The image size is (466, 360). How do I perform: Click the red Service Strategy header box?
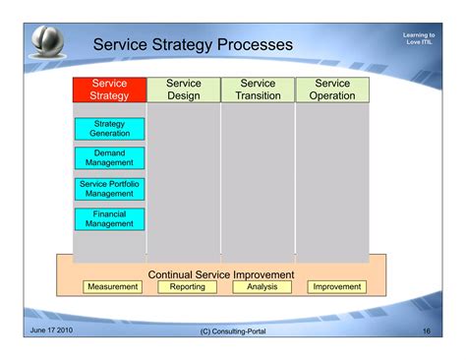(x=109, y=90)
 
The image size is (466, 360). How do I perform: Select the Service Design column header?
(x=184, y=90)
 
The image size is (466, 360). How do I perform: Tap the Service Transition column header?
(x=258, y=90)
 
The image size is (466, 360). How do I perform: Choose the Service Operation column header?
(x=332, y=90)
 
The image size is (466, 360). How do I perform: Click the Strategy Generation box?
(x=109, y=129)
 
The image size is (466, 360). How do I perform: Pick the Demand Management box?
(x=109, y=158)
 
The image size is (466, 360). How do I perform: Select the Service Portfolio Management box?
(x=109, y=189)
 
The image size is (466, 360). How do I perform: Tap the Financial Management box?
(x=109, y=219)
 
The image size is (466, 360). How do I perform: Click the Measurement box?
(x=112, y=287)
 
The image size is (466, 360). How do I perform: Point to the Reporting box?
(x=187, y=287)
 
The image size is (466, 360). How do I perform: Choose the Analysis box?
(x=262, y=287)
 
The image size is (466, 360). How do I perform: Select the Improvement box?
(x=336, y=287)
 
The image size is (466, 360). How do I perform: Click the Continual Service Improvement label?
(x=221, y=274)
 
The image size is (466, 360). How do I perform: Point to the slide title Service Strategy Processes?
(x=193, y=45)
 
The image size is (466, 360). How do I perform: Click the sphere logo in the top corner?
(x=47, y=40)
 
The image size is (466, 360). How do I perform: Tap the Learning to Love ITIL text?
(x=419, y=39)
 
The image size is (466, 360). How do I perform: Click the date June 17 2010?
(x=51, y=330)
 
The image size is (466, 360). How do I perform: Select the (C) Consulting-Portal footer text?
(x=232, y=331)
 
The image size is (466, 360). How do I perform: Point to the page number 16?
(x=426, y=330)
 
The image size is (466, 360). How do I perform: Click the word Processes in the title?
(x=255, y=45)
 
